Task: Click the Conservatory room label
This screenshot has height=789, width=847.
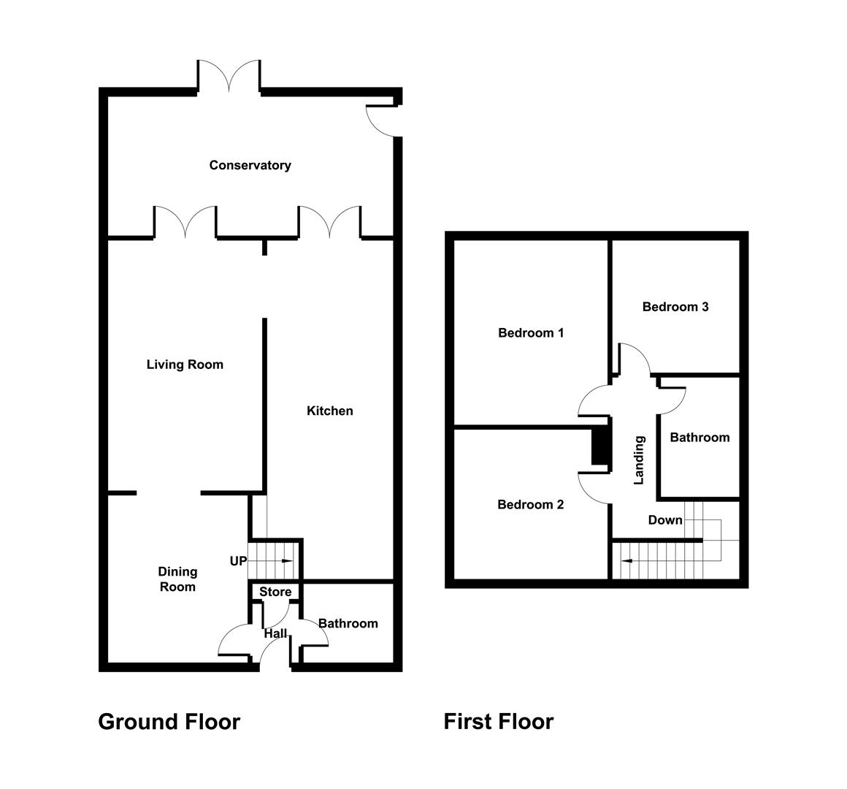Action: tap(250, 165)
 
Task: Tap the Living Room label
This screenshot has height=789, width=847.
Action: tap(185, 365)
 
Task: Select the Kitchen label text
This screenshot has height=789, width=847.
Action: tap(329, 411)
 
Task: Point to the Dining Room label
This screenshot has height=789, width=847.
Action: tap(177, 579)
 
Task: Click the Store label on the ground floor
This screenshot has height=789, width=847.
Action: tap(275, 592)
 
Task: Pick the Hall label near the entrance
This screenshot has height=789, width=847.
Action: tap(276, 633)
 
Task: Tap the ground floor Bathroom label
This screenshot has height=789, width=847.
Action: tap(348, 623)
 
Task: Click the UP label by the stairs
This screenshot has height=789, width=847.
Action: tap(238, 561)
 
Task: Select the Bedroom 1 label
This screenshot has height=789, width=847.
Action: tap(531, 333)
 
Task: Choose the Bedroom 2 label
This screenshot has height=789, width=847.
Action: tap(531, 505)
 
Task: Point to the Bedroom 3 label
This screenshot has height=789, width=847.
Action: tap(675, 307)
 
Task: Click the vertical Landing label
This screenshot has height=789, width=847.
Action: tap(640, 460)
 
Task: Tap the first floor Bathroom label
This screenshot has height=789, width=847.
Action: tap(700, 438)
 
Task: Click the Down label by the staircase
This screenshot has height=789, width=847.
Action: tap(665, 520)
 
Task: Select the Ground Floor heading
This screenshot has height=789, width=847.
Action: tap(169, 722)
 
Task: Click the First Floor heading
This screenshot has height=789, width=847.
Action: tap(499, 722)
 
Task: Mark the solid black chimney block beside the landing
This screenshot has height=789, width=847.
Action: tap(599, 446)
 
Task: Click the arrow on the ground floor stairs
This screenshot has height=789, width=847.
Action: tap(285, 561)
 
